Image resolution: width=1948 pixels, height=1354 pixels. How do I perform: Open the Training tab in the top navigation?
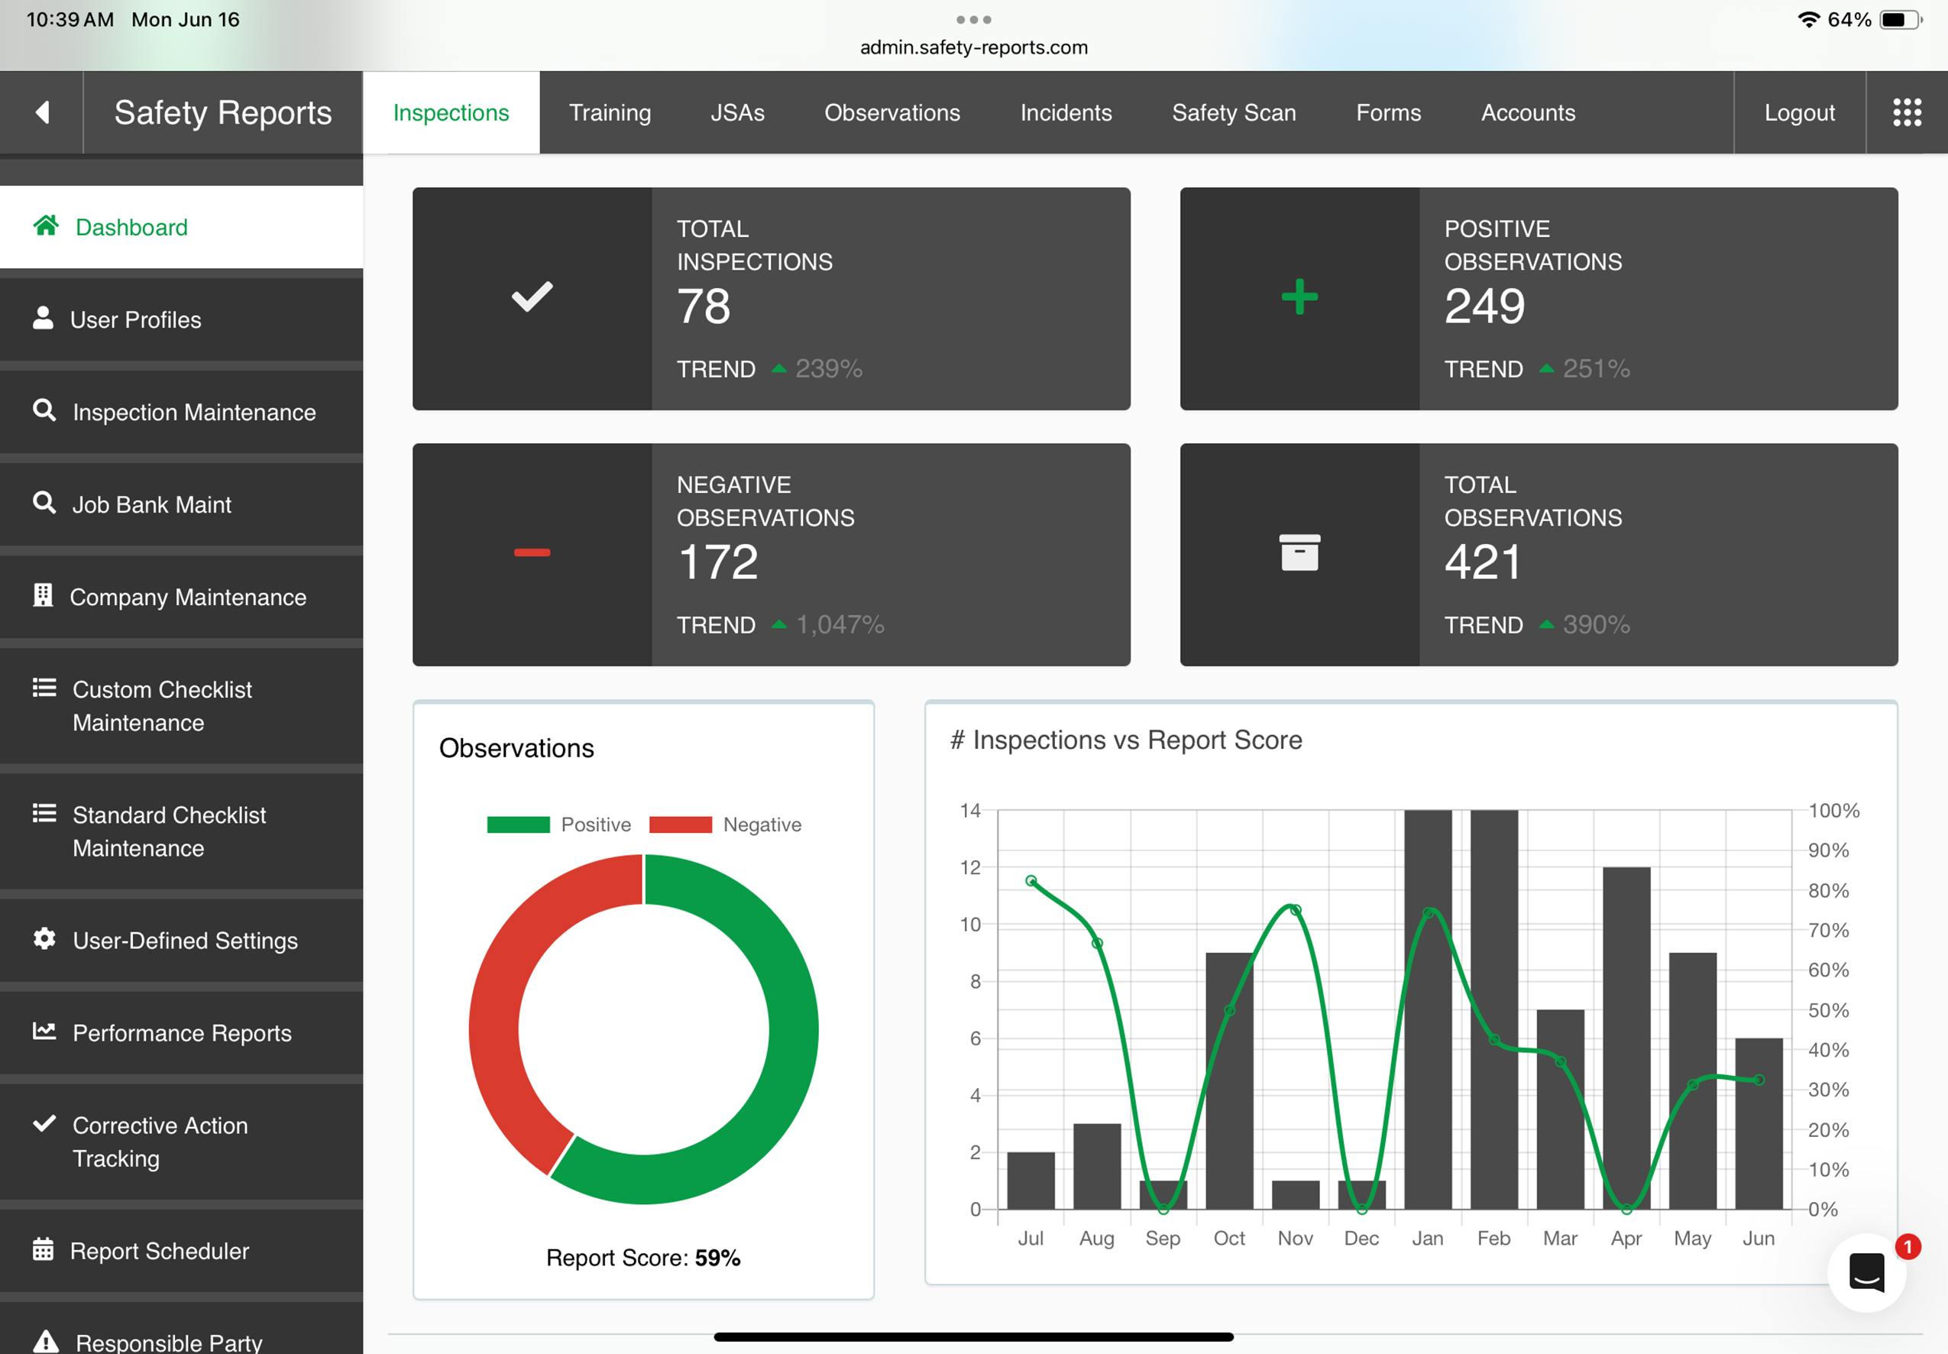click(610, 113)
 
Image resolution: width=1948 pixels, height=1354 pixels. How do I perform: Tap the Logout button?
click(1799, 113)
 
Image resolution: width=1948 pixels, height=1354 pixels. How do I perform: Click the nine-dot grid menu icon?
click(1907, 112)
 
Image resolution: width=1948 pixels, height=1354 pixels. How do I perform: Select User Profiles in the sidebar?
click(136, 320)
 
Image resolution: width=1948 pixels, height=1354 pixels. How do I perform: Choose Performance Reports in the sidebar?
click(182, 1032)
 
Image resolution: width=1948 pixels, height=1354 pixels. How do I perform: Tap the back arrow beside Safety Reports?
click(41, 112)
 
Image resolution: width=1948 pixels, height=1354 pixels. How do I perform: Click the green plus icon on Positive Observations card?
click(1299, 298)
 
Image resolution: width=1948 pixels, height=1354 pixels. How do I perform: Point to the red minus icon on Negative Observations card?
click(532, 553)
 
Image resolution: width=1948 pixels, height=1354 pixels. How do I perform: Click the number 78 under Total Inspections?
click(703, 306)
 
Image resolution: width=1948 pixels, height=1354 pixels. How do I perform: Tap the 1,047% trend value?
click(840, 625)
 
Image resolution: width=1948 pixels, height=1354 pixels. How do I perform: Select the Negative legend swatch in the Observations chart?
click(680, 824)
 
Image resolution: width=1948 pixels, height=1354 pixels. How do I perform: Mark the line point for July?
click(1031, 880)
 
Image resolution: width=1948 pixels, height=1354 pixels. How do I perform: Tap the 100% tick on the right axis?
click(1833, 810)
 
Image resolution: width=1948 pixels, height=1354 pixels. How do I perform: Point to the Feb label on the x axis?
click(1493, 1238)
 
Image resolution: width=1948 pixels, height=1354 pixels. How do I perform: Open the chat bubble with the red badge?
click(1866, 1272)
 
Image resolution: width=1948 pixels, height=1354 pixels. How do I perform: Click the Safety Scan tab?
click(1233, 113)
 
